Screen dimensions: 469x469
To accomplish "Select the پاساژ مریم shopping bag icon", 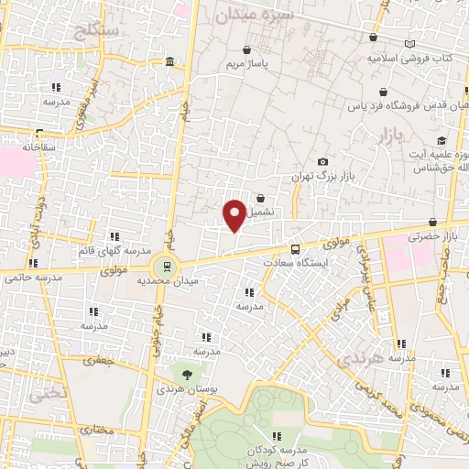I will (x=245, y=49).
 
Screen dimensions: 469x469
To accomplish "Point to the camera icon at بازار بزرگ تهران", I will (x=322, y=162).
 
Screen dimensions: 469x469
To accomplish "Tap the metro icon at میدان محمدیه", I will (x=166, y=267).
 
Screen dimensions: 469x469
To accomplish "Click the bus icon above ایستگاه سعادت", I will (x=295, y=248).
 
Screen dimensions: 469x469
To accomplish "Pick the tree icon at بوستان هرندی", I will (x=187, y=375).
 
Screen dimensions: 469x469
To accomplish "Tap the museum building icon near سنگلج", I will (x=171, y=61).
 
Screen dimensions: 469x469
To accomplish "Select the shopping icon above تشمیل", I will (x=261, y=197).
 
